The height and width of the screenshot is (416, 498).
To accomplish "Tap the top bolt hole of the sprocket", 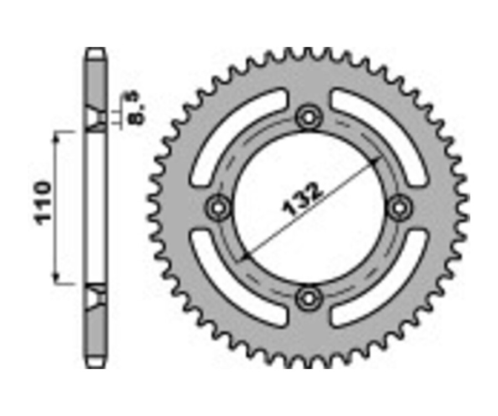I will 308,117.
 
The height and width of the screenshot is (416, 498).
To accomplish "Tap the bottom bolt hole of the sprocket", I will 308,298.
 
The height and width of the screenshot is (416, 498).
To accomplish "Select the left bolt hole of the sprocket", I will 218,207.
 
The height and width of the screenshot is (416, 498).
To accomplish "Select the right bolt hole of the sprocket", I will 399,207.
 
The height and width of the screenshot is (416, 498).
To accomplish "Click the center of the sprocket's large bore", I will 308,207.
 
